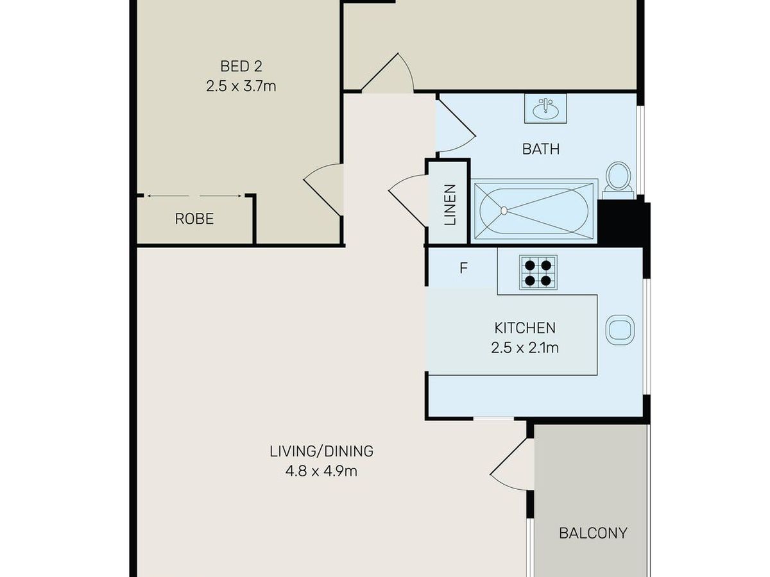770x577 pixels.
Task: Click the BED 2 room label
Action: [241, 66]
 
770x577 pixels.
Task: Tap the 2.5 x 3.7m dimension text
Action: [241, 86]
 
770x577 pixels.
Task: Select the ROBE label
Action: [194, 219]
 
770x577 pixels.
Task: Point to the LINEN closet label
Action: [450, 205]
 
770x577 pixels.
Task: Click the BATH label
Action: [540, 149]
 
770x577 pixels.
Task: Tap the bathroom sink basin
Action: [545, 109]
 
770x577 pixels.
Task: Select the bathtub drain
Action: [504, 210]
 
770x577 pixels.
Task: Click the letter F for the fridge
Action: [463, 269]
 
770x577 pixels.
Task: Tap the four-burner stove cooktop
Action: [538, 272]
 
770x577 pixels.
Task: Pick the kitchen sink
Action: [620, 330]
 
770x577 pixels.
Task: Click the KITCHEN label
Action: [525, 328]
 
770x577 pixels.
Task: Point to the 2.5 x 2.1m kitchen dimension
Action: [525, 348]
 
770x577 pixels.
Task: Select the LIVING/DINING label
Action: [321, 451]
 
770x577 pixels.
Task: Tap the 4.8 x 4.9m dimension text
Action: [321, 471]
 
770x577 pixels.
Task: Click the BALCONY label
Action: [593, 533]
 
